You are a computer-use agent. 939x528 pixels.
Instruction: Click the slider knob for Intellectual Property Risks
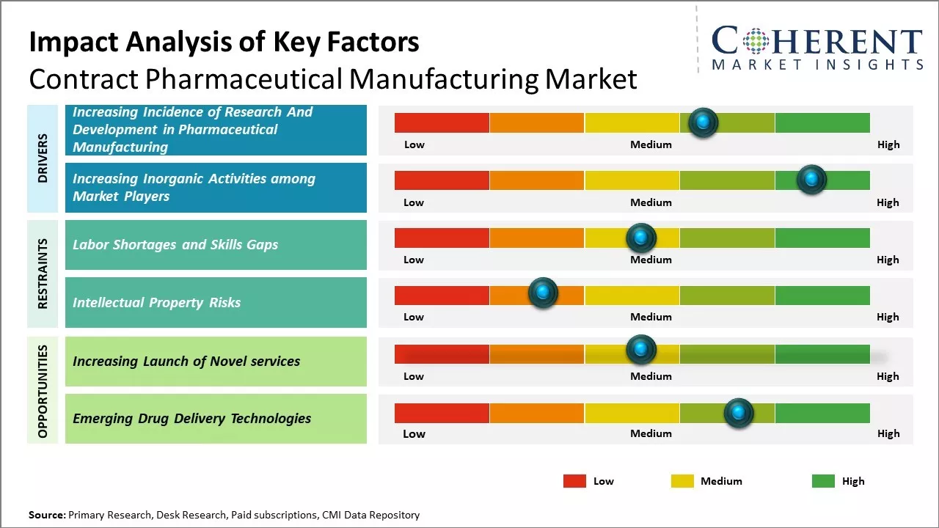543,293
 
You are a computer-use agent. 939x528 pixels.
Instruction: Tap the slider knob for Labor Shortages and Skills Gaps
640,238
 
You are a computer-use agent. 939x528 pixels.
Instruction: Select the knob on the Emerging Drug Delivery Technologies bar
739,413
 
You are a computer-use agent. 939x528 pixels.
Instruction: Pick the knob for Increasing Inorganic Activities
811,179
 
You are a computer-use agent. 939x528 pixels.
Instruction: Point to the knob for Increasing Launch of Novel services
640,349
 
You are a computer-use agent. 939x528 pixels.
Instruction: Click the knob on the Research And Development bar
703,122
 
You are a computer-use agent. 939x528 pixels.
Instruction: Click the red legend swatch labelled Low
574,481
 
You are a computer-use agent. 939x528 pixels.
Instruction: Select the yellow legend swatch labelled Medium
682,481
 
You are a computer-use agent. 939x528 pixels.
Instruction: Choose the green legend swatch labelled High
823,481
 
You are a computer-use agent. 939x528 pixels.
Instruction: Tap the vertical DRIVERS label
43,158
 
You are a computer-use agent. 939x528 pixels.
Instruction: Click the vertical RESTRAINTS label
43,273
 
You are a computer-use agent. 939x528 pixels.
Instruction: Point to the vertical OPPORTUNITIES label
43,391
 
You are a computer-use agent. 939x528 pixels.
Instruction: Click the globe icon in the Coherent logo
755,41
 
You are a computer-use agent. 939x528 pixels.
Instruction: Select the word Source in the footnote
46,515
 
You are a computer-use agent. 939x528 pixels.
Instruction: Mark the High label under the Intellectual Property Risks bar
888,317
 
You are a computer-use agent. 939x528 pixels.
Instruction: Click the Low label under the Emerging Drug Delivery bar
414,433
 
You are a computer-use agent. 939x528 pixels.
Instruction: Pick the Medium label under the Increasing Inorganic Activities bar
651,202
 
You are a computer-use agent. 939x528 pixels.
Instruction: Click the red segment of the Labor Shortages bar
442,238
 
